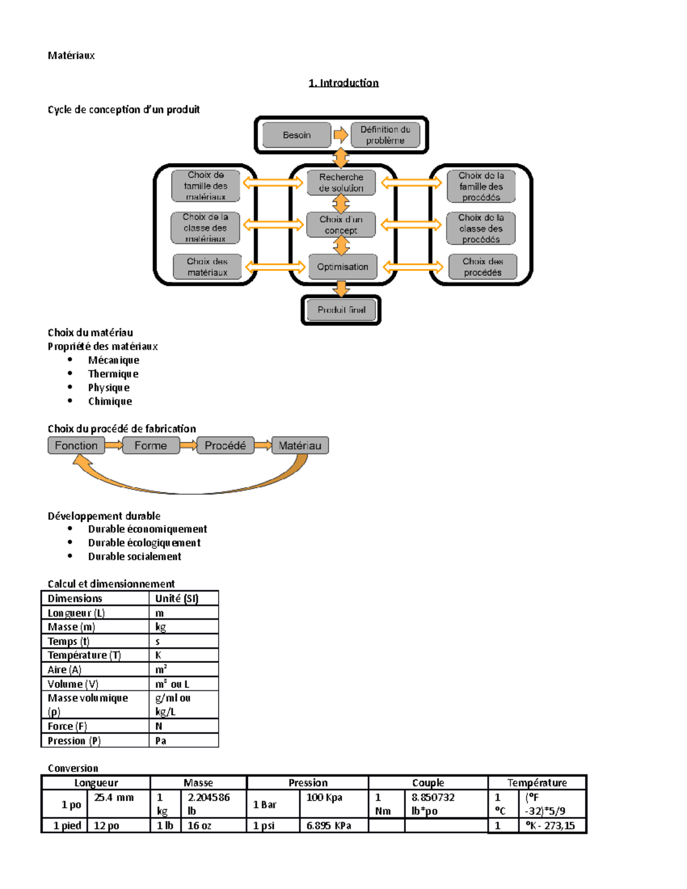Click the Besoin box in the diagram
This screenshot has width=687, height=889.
(x=297, y=135)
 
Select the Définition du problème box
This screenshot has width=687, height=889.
(x=385, y=135)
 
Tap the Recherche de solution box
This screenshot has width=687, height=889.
(x=341, y=183)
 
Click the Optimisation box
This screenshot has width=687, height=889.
(x=342, y=267)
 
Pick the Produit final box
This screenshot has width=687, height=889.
(x=341, y=310)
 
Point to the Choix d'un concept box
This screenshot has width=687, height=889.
(x=341, y=224)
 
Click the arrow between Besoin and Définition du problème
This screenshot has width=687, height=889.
(x=341, y=135)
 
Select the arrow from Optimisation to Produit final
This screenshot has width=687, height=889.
(x=341, y=289)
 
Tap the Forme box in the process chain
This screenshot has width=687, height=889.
(x=151, y=445)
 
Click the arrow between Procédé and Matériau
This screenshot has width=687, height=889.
(x=263, y=445)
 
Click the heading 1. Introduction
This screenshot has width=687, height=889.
(x=343, y=82)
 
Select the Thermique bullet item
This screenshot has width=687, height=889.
(x=113, y=374)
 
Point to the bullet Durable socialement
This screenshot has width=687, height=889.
(x=135, y=556)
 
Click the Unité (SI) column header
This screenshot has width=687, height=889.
(x=177, y=599)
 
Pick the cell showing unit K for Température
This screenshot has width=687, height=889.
(x=159, y=655)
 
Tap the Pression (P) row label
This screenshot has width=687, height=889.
(x=74, y=741)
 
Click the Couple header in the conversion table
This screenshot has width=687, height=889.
(x=428, y=783)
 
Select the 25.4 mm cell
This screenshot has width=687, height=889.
(x=114, y=797)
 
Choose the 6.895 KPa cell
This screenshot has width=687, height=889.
(x=329, y=825)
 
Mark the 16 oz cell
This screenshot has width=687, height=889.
(x=199, y=825)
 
